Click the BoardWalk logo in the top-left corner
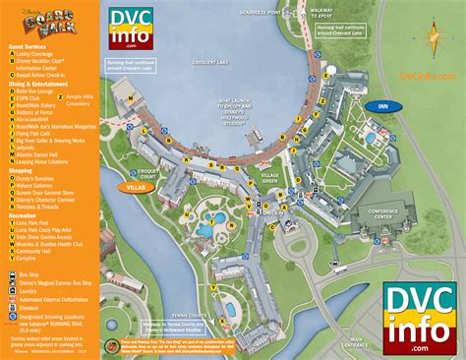pos(48,21)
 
